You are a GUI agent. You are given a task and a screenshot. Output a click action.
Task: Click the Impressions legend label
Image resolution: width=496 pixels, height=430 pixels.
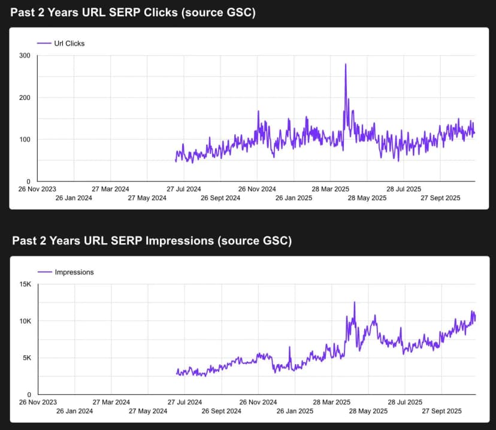[74, 272]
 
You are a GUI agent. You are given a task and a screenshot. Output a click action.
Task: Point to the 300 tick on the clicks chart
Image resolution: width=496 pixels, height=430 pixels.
[25, 56]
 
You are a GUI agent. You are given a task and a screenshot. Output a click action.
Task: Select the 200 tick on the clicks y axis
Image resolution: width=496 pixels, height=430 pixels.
[25, 98]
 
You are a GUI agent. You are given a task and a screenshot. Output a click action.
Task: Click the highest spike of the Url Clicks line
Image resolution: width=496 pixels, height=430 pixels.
[346, 64]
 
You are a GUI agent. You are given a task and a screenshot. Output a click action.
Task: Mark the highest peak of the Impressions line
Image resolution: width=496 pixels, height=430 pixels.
[354, 302]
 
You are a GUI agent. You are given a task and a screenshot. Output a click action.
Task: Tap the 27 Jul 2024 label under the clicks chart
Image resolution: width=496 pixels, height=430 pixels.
[184, 188]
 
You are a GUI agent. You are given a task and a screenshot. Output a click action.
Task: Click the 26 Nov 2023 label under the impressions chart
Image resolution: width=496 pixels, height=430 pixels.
[37, 402]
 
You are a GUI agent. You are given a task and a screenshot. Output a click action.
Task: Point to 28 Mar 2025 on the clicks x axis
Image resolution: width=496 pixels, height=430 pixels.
[331, 188]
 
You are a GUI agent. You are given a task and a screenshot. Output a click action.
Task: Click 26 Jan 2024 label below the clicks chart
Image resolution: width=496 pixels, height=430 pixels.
[74, 198]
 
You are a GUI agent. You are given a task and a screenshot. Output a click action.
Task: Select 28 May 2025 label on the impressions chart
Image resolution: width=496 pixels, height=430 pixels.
[367, 411]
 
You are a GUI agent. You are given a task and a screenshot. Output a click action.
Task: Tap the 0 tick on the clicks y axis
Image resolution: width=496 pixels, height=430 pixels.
[28, 181]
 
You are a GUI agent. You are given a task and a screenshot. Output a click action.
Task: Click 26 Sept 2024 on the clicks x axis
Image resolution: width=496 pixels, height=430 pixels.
[220, 198]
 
